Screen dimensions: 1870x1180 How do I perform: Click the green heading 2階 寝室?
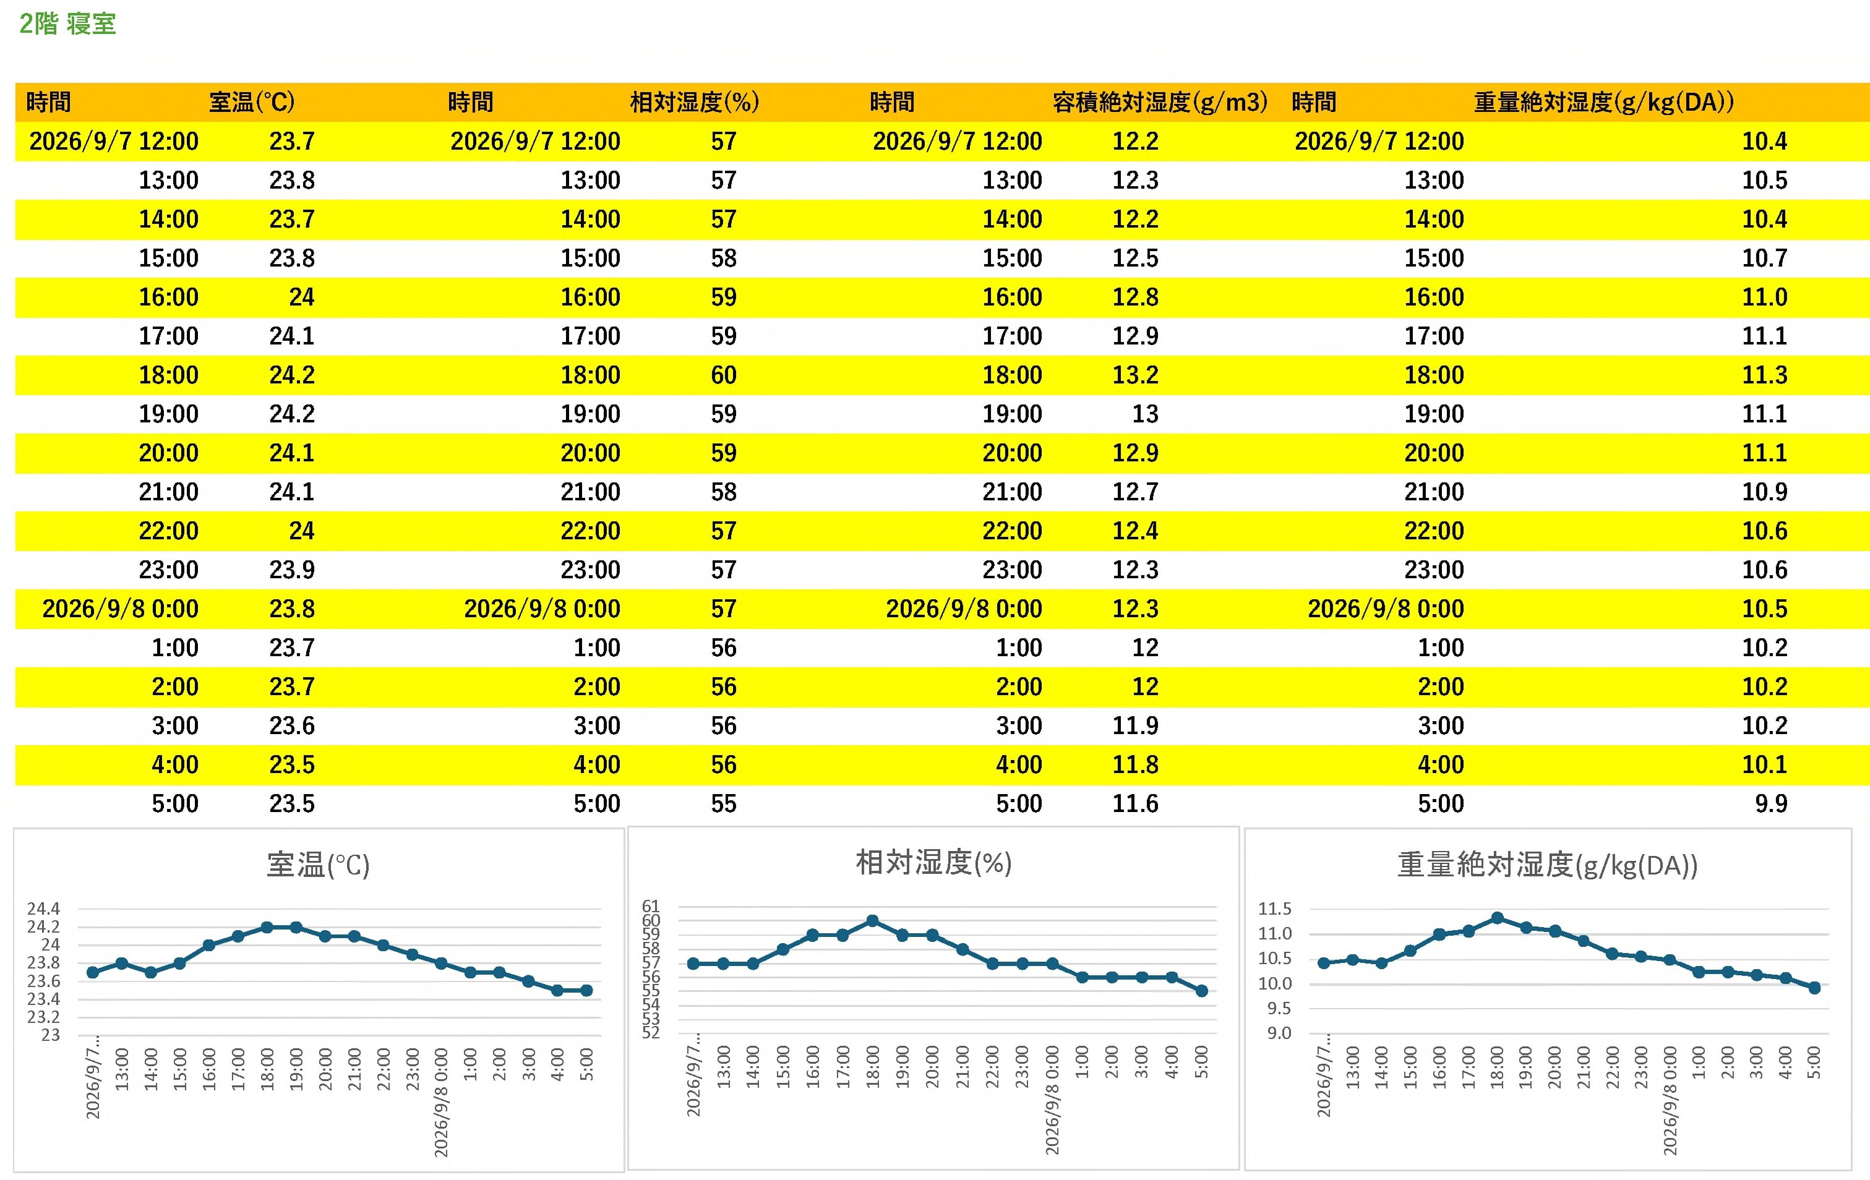(67, 24)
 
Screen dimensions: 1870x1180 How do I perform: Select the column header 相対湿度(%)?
(694, 101)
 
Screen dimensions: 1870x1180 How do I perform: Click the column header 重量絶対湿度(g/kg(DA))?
(1603, 101)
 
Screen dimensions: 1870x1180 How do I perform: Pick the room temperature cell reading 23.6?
(292, 726)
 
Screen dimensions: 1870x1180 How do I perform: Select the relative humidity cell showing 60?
(724, 375)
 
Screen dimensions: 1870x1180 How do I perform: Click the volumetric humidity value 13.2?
(1135, 375)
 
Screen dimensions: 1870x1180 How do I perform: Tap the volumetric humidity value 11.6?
(1135, 803)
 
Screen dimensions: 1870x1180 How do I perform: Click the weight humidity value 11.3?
(1764, 375)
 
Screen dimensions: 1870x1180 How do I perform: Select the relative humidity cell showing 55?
(724, 803)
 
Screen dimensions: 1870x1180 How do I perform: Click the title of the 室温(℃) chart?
(319, 865)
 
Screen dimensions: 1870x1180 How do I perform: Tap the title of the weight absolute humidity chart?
(1548, 865)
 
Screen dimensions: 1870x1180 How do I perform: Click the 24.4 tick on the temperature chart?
(43, 909)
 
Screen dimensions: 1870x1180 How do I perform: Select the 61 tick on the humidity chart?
(651, 906)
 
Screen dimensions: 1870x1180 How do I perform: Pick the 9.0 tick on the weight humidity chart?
(1280, 1033)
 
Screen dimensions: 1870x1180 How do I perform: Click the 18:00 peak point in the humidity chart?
(872, 921)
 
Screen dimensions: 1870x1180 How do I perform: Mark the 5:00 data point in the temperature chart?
(586, 991)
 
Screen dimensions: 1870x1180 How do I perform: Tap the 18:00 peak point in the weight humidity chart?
(1497, 918)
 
